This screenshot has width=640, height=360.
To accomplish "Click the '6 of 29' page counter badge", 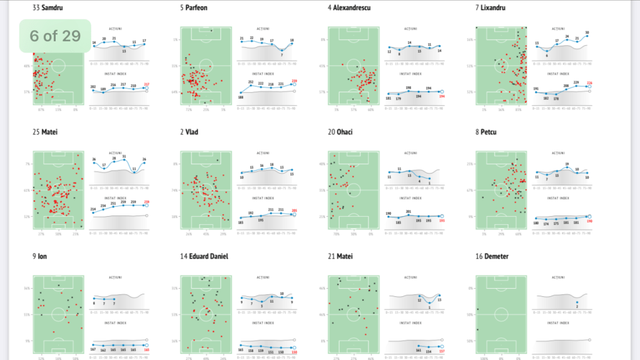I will click(55, 36).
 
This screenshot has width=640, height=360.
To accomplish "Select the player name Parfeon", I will click(197, 8).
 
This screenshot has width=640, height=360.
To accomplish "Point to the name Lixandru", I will click(494, 8).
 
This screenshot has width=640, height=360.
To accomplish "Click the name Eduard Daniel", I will click(207, 257).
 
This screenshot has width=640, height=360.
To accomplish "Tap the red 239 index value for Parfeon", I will click(294, 81).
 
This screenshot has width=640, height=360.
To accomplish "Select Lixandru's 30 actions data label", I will click(587, 33).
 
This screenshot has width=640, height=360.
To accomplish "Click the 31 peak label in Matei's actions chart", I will click(124, 157).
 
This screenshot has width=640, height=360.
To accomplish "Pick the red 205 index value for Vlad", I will click(294, 210).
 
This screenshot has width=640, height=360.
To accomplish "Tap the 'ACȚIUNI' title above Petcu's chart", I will click(561, 152).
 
